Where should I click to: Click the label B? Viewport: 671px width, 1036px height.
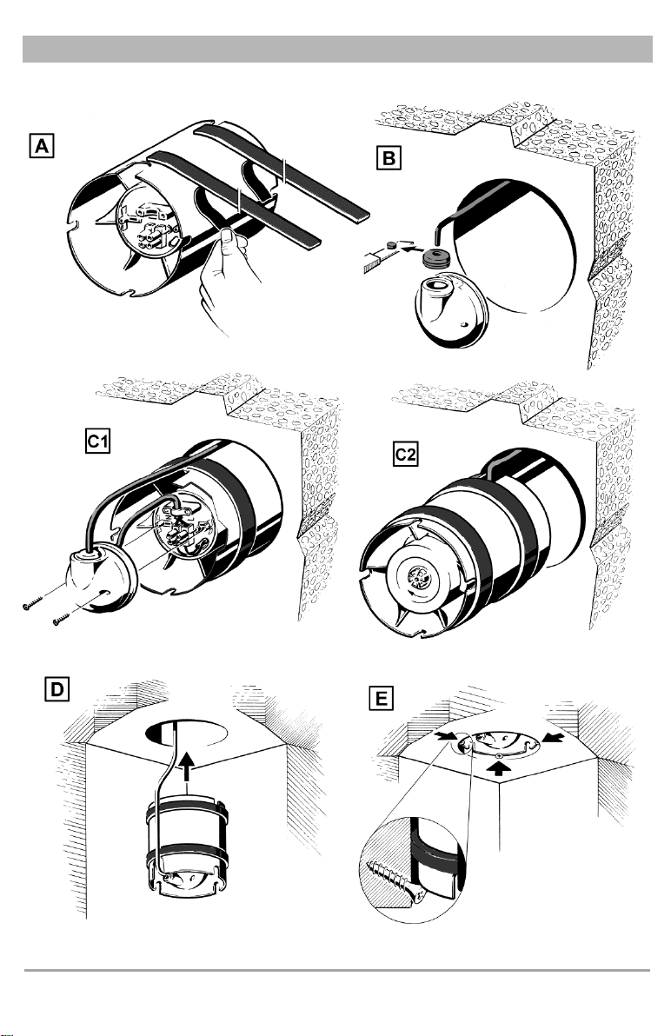click(388, 157)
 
